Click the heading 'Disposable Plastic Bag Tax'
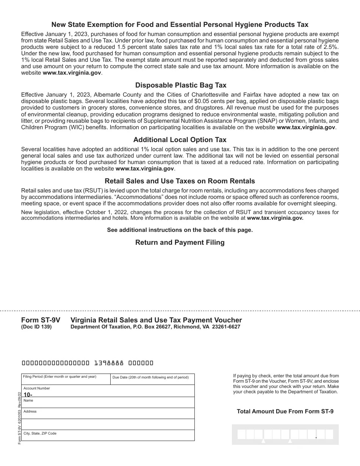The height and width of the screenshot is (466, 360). (180, 85)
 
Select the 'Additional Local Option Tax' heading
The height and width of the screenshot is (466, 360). (180, 140)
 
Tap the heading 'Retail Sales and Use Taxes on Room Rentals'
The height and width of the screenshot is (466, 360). (180, 181)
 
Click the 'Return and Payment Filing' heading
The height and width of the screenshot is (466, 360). (180, 242)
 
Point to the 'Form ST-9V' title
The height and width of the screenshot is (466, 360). (41, 320)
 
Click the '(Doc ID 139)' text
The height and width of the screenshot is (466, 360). (36, 327)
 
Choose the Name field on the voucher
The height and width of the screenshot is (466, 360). (108, 403)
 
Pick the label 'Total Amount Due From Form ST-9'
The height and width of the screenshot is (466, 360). (285, 411)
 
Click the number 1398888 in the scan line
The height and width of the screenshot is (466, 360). (109, 363)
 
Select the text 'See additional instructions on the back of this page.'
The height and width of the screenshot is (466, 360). (180, 230)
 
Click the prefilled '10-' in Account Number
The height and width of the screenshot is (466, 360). (28, 394)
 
